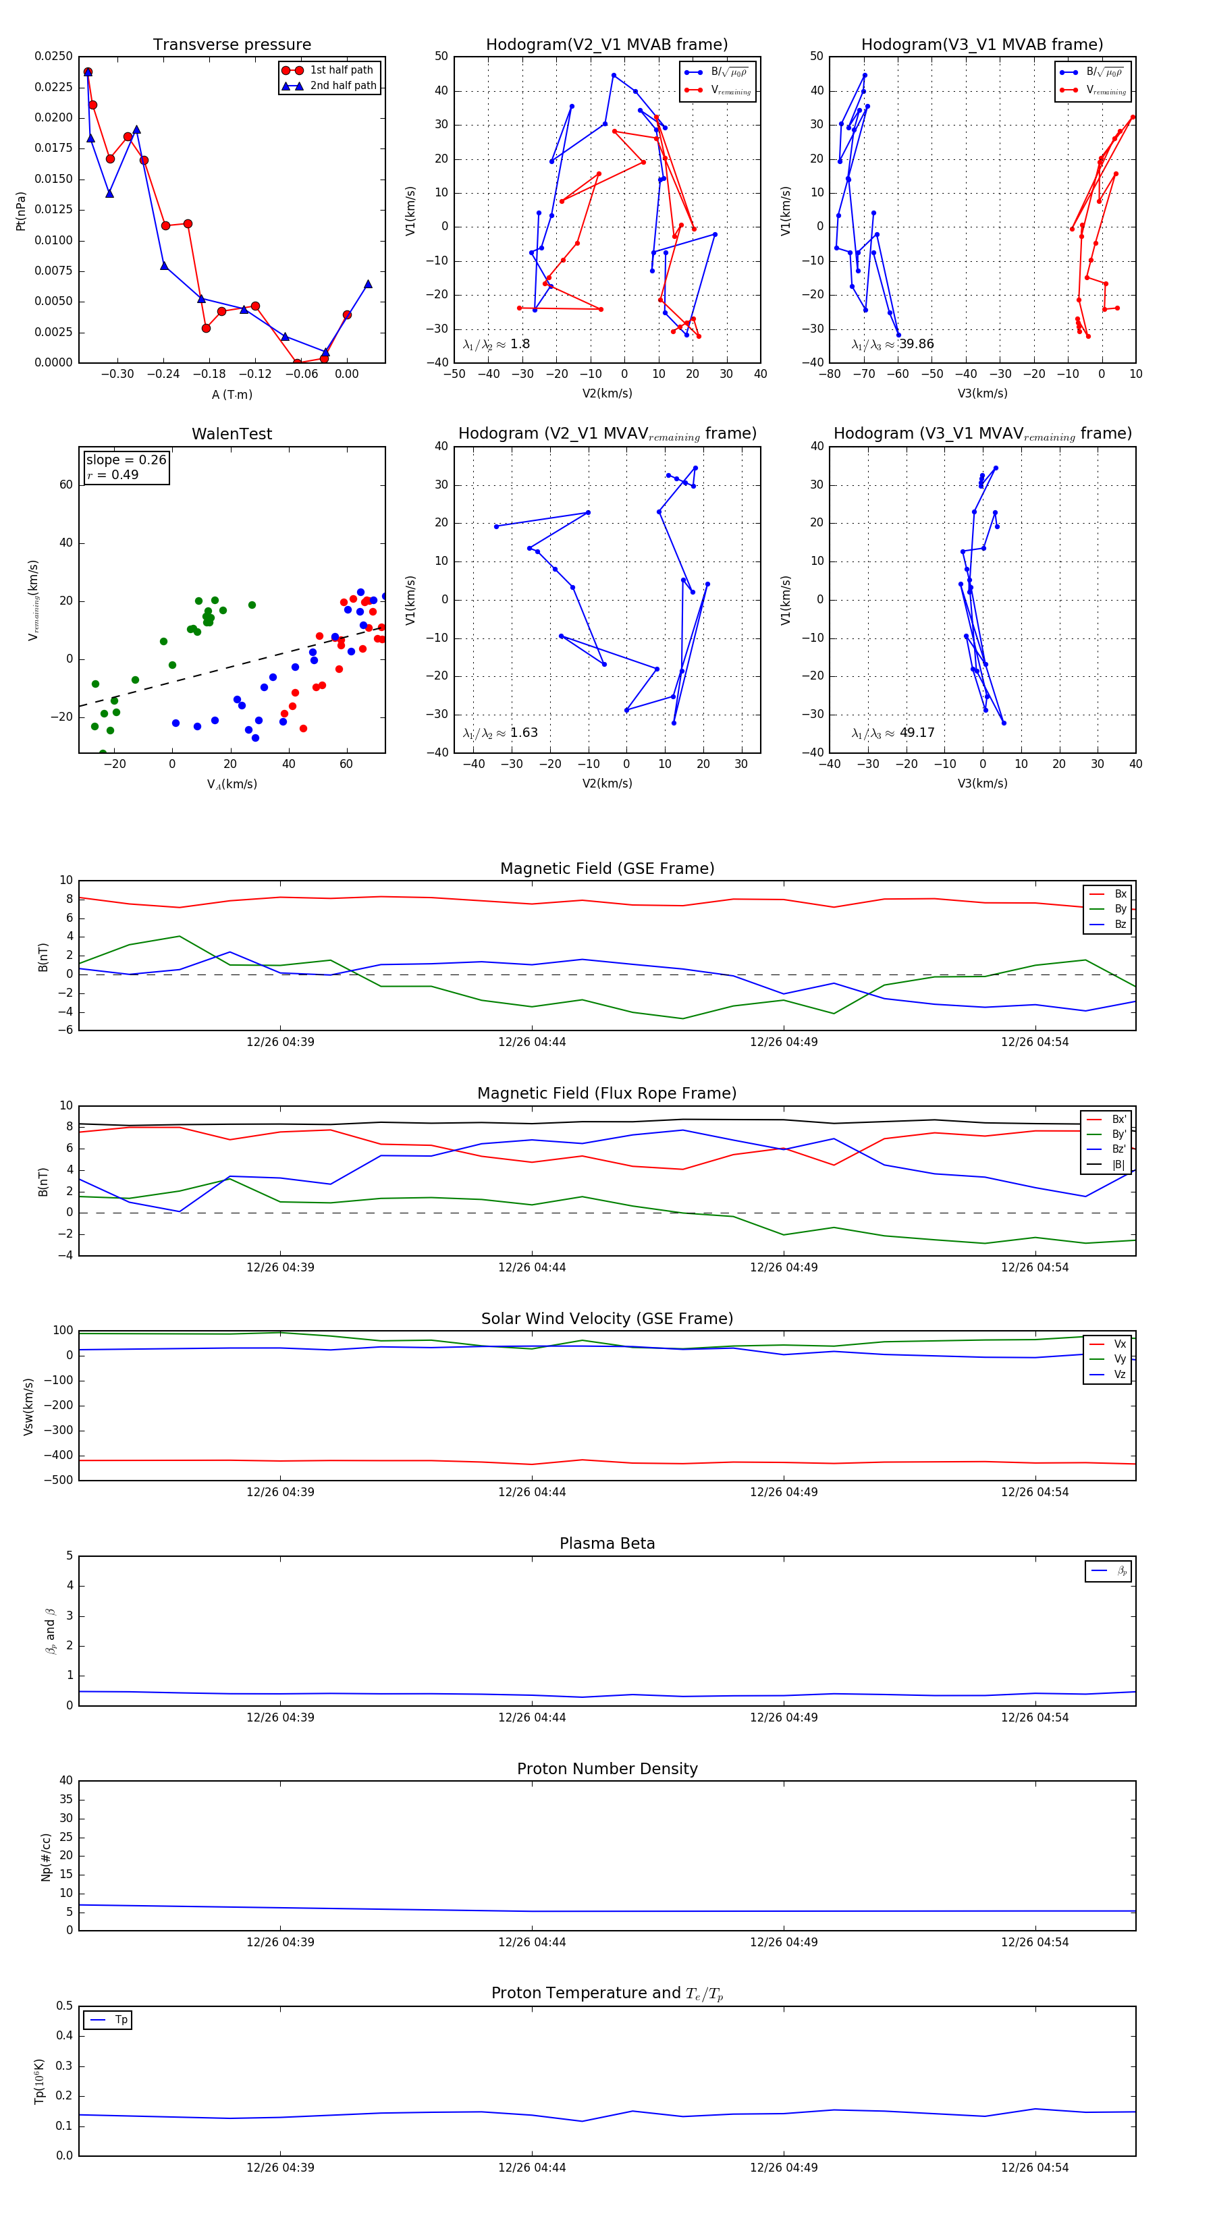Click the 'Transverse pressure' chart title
tap(232, 45)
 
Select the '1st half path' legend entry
tap(341, 70)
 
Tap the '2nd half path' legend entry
tap(342, 86)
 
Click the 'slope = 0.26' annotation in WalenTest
tap(126, 460)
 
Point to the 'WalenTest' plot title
tap(232, 434)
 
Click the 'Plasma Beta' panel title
tap(607, 1543)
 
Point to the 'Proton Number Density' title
tap(607, 1768)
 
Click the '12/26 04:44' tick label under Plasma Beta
tap(532, 1717)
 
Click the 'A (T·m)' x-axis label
tap(232, 394)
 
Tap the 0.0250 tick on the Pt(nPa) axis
tap(53, 56)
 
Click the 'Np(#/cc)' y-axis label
tap(46, 1857)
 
